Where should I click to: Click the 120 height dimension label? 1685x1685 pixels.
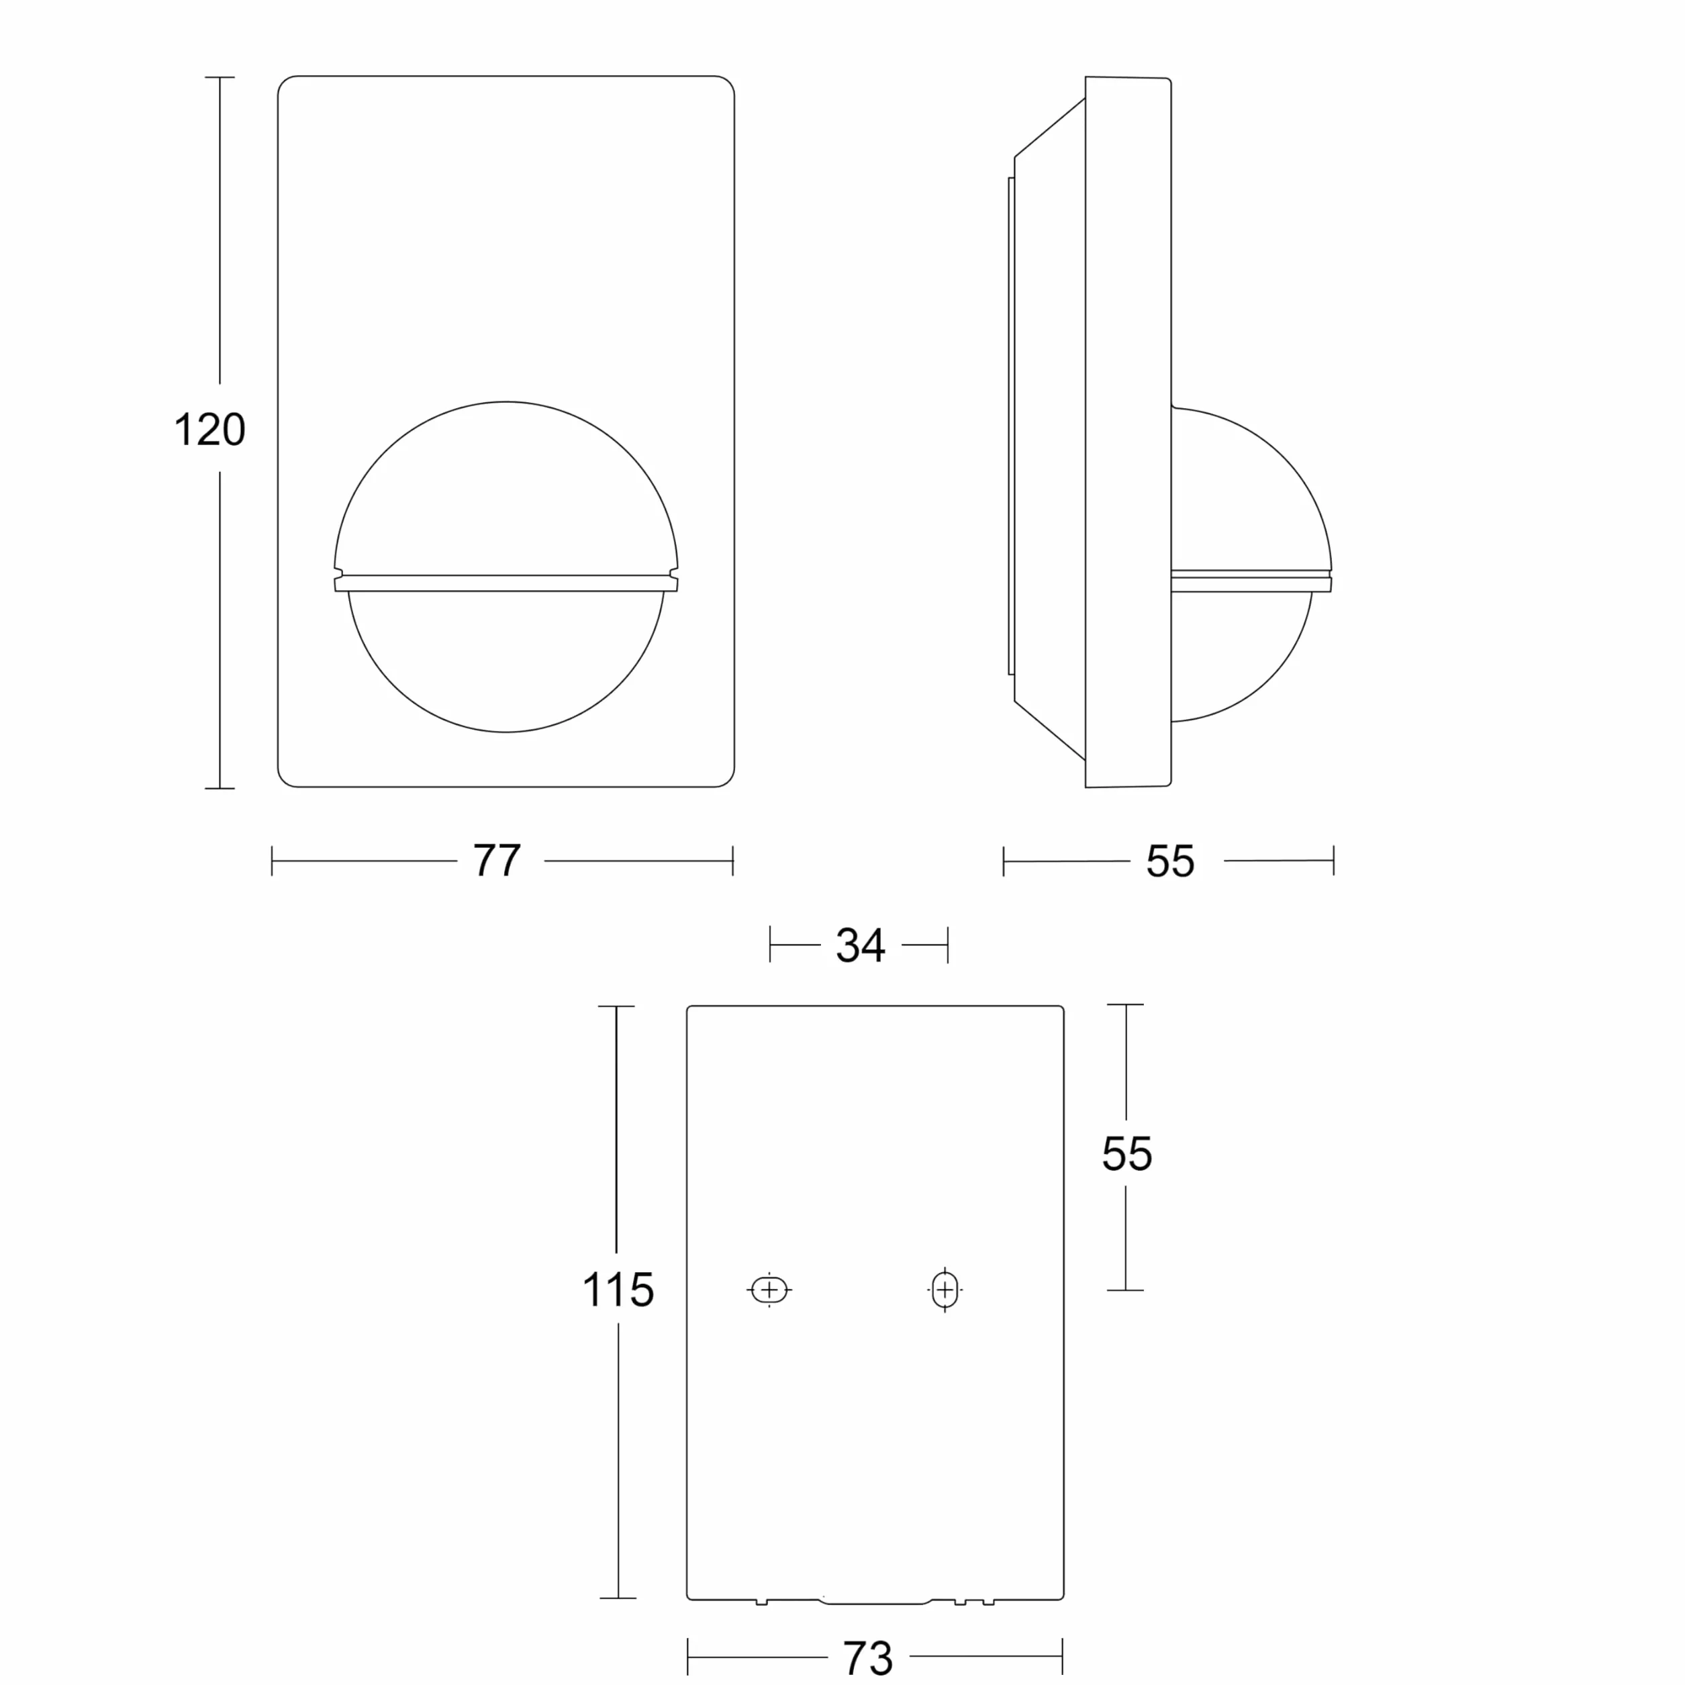209,429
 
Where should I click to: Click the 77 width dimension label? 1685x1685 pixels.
497,860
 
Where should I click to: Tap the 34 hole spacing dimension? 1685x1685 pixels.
861,945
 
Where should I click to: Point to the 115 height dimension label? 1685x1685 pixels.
618,1290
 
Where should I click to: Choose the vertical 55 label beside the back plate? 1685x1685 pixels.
1127,1154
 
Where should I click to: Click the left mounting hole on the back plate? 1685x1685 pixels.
769,1289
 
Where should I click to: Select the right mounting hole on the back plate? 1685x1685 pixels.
945,1290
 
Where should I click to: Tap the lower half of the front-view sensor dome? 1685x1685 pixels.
506,661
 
